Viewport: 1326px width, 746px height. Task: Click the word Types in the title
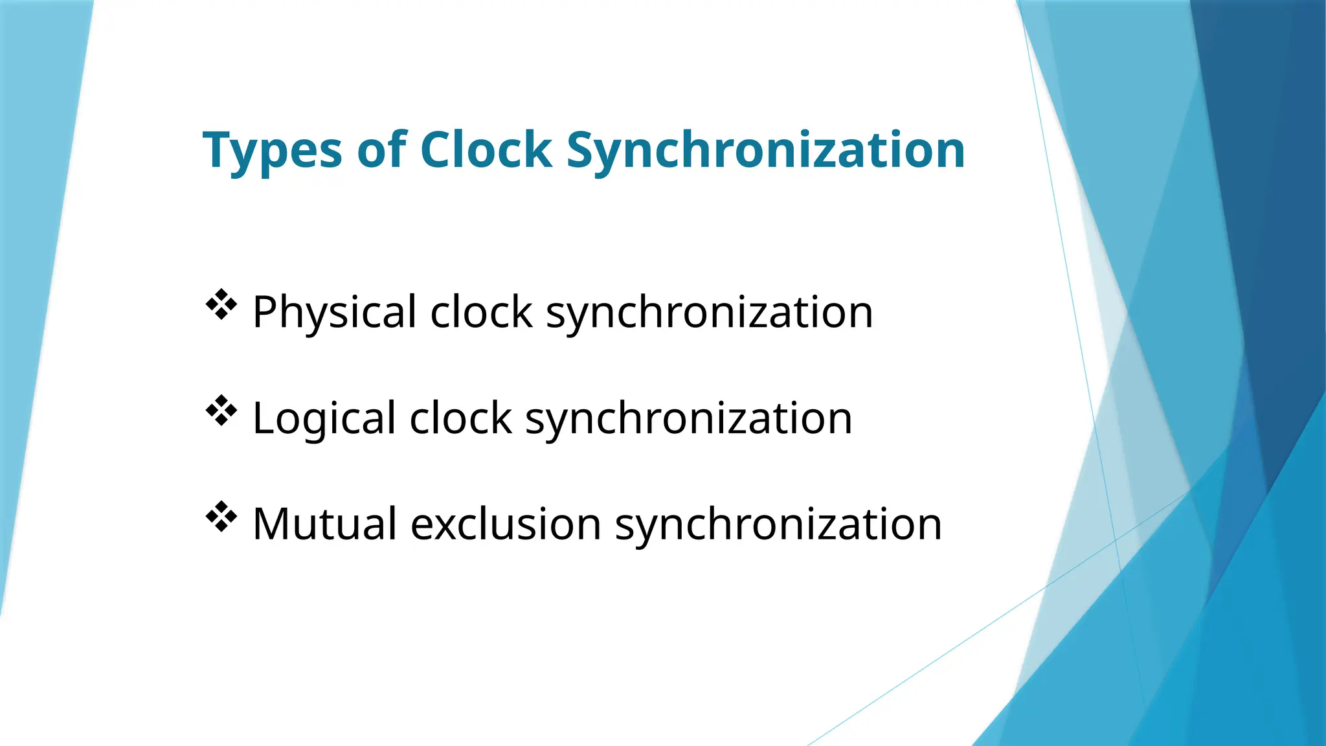pos(272,152)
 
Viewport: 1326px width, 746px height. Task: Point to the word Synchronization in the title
pos(765,152)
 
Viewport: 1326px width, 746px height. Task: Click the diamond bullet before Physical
pos(221,304)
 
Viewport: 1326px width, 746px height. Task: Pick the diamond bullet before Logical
pos(221,411)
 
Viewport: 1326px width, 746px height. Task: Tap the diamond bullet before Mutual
pos(221,517)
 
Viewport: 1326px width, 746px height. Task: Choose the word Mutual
pos(324,523)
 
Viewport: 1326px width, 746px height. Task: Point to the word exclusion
pos(506,523)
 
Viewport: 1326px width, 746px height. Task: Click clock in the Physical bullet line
pos(481,312)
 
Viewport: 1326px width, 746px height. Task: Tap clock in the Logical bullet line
pos(460,418)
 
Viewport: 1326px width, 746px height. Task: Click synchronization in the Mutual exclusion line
pos(778,525)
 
